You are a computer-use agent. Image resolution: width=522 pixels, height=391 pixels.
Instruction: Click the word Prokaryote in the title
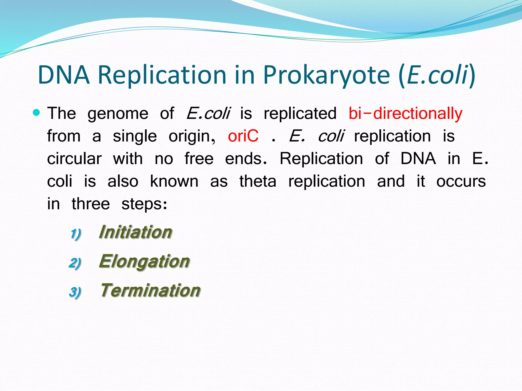(326, 75)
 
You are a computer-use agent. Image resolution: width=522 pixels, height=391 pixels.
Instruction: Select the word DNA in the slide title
(64, 75)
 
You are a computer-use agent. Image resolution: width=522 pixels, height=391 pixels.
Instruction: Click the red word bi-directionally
(405, 114)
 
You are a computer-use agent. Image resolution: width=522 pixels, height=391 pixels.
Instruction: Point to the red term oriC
(243, 136)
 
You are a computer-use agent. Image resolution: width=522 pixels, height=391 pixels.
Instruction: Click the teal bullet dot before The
(37, 112)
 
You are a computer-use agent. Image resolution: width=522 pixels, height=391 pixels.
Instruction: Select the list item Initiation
(135, 232)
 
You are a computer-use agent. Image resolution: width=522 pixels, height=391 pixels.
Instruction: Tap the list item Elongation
(144, 261)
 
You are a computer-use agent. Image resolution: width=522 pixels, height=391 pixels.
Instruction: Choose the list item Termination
(150, 290)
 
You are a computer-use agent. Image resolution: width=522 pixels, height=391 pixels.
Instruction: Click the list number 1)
(76, 234)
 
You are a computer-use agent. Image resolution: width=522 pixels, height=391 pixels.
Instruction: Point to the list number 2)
(75, 263)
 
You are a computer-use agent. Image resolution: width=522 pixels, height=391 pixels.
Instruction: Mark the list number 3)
(75, 292)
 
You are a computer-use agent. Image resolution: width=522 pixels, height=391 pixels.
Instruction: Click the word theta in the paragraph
(258, 181)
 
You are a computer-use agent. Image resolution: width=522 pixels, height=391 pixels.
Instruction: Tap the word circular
(74, 159)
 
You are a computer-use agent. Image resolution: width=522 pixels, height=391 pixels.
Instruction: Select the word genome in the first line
(118, 114)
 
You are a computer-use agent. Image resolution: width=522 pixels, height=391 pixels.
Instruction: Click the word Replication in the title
(162, 75)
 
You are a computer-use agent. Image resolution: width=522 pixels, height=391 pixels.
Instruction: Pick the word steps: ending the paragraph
(144, 204)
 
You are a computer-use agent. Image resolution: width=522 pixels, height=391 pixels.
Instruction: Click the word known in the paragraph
(174, 181)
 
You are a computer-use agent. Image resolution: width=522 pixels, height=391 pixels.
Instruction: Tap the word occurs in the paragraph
(461, 181)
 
